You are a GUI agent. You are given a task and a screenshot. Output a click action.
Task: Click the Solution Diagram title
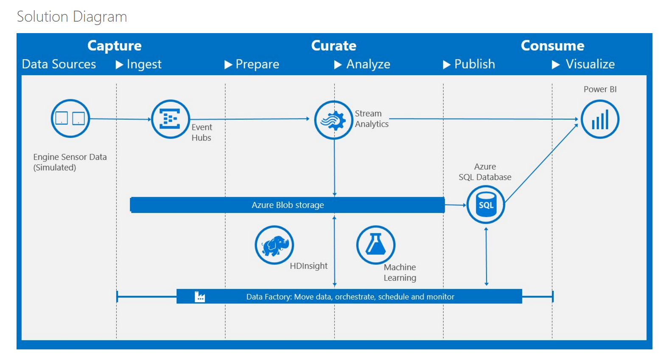point(72,17)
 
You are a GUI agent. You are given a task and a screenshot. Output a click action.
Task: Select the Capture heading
point(114,45)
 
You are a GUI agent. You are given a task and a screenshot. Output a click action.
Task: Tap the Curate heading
point(333,45)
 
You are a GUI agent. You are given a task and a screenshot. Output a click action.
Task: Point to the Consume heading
point(552,45)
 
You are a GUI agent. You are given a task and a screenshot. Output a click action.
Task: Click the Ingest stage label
point(144,64)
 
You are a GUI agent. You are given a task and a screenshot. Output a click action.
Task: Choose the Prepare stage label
point(257,64)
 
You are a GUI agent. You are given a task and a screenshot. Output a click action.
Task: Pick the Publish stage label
point(474,64)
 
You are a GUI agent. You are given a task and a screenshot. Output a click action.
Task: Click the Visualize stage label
point(590,64)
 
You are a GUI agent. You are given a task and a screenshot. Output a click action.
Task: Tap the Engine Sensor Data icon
point(70,118)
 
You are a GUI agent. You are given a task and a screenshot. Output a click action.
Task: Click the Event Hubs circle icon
point(170,119)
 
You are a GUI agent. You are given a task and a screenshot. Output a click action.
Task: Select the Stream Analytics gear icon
point(333,120)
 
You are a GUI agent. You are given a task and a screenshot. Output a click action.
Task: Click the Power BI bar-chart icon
point(600,119)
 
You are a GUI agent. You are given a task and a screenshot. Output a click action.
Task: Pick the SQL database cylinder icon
point(486,205)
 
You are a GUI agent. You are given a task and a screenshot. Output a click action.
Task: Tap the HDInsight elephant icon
point(274,245)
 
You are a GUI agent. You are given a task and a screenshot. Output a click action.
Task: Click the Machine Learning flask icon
point(375,245)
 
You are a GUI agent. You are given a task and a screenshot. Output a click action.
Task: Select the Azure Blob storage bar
point(287,205)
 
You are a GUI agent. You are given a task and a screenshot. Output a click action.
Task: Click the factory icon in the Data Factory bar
point(199,297)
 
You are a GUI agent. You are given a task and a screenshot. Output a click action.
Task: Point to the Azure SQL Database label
point(485,172)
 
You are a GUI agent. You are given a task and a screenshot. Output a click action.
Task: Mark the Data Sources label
point(59,64)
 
